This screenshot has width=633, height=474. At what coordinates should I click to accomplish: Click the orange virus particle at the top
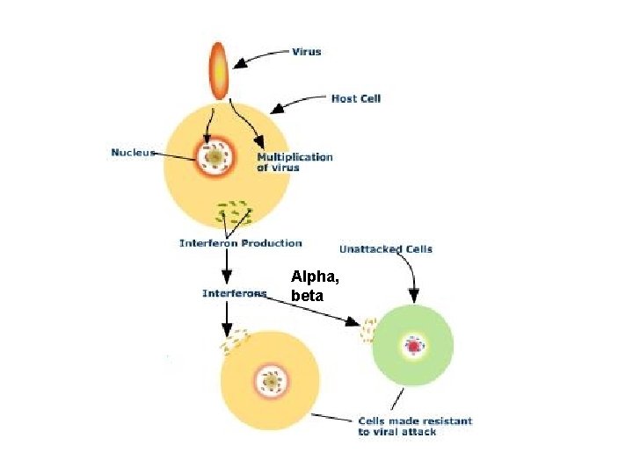pos(217,69)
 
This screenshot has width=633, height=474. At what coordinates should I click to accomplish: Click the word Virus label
pos(306,52)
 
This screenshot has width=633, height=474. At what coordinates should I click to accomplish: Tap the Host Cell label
pos(355,98)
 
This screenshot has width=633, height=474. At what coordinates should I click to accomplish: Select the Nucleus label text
pos(133,153)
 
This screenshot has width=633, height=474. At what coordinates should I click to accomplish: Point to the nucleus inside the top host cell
pos(215,157)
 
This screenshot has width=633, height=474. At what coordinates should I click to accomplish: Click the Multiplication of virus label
pos(295,162)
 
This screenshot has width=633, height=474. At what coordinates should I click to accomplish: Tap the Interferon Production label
pos(240,243)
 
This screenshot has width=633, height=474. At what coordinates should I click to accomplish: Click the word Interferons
pos(234,293)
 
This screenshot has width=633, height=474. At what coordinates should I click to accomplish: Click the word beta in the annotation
pos(307,297)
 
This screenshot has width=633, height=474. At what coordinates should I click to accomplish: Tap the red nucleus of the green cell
pos(413,347)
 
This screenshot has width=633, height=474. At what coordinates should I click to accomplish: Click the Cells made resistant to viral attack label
pos(414,426)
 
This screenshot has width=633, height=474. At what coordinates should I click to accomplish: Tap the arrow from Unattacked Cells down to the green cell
pos(413,279)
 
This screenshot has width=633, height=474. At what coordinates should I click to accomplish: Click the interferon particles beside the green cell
pos(368,330)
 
